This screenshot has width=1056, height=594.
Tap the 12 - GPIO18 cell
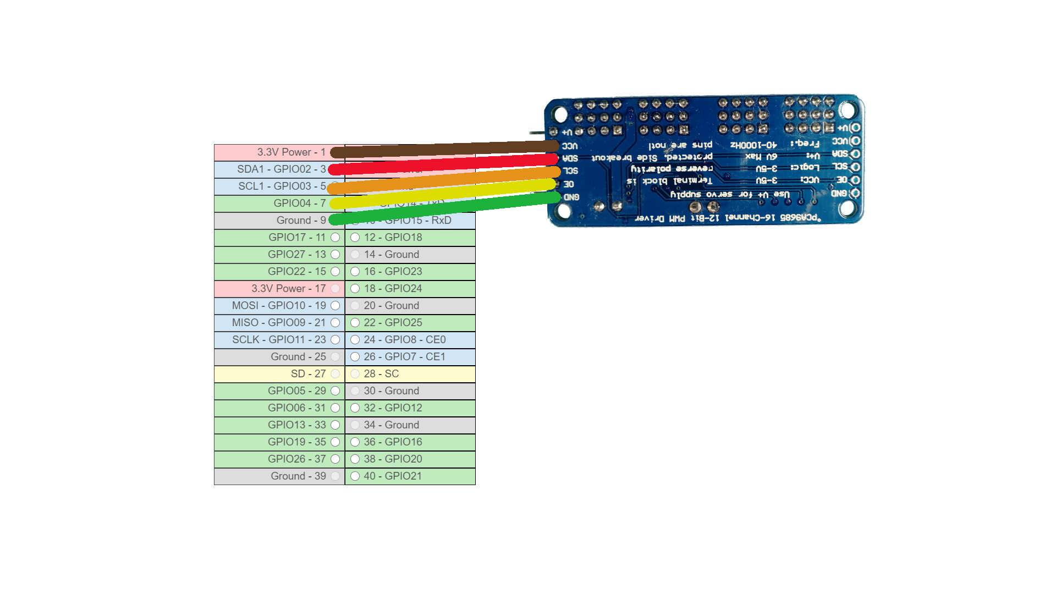point(410,238)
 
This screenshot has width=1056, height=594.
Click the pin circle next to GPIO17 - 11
point(335,238)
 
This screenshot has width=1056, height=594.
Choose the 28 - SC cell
point(410,374)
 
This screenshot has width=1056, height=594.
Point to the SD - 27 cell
point(279,374)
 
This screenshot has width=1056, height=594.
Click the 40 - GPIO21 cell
point(410,476)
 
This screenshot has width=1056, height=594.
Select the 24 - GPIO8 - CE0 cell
point(410,340)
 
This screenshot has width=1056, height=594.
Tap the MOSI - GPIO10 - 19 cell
point(279,306)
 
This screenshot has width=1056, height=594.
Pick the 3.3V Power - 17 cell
point(279,289)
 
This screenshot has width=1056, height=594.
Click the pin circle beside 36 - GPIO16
point(355,442)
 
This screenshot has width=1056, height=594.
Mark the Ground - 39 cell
point(279,476)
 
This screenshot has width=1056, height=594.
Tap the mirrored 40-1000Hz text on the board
point(754,145)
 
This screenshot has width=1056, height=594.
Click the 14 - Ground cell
point(410,255)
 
